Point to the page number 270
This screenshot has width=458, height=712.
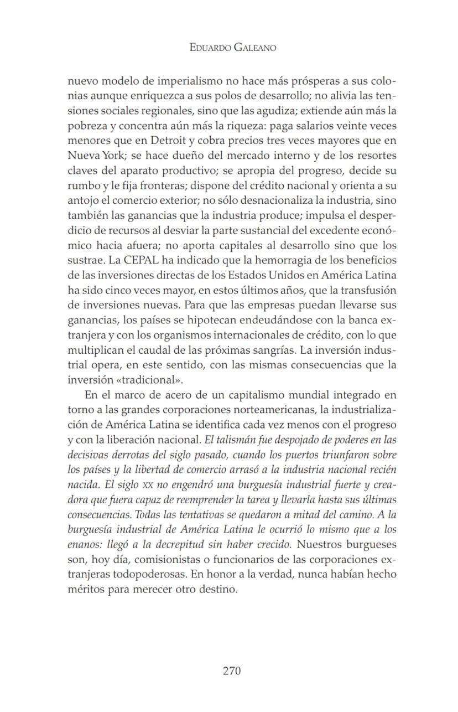(x=232, y=671)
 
